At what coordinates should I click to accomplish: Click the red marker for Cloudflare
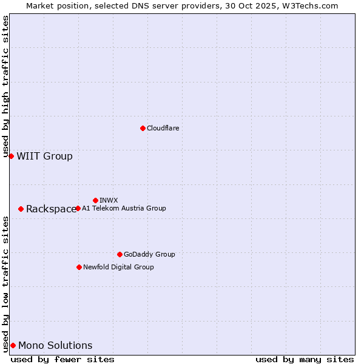tap(143, 128)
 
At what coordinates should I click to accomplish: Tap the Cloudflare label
tap(163, 128)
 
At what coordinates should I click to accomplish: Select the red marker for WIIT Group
tap(11, 156)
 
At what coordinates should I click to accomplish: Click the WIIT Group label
tap(44, 157)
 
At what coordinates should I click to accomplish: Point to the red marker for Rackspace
tap(21, 209)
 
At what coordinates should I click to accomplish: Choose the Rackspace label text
tap(51, 209)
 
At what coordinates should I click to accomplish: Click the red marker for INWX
tap(95, 200)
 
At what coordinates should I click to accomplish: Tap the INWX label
tap(109, 200)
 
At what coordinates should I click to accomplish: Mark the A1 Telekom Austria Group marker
tap(78, 208)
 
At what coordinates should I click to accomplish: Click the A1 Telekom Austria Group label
tap(124, 208)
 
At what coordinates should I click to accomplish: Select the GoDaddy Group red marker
tap(120, 254)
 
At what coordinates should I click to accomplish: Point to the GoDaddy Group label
tap(149, 254)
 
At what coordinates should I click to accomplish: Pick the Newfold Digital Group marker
tap(79, 267)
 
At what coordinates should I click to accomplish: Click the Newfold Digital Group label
tap(118, 267)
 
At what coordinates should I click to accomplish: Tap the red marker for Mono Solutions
tap(13, 345)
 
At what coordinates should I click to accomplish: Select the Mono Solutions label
tap(55, 346)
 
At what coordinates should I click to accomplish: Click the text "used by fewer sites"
tap(62, 359)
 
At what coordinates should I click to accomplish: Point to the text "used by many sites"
tap(305, 359)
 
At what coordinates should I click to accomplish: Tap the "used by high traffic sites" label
tap(5, 87)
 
